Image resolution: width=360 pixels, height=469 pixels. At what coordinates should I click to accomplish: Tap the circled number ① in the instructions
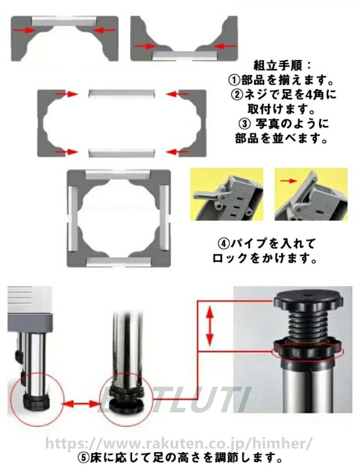pos(235,80)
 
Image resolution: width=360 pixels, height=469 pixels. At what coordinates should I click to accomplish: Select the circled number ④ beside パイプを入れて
pos(224,244)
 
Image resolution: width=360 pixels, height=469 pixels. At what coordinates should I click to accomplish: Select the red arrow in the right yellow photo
pos(289,181)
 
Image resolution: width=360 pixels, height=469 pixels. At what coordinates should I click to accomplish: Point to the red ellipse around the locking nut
pos(308,352)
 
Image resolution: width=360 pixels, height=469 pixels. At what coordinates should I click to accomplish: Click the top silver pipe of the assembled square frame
pos(118,175)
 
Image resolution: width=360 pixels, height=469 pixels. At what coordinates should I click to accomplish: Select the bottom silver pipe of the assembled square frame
pos(118,262)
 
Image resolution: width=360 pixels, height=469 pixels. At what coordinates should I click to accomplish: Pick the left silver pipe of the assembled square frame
pos(74,219)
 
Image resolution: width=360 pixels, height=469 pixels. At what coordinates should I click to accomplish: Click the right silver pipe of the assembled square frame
pos(164,219)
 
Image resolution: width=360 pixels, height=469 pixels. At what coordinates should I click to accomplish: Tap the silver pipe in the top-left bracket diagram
pos(64,21)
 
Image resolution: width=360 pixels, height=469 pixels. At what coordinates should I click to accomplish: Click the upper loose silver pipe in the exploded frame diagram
pos(122,94)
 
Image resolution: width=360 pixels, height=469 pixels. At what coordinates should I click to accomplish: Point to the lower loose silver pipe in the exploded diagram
pos(122,153)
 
